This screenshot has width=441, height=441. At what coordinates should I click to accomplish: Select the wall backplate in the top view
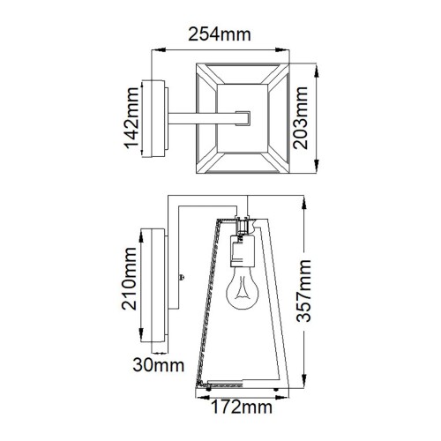162,118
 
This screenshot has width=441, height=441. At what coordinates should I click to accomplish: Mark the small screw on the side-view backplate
182,278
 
